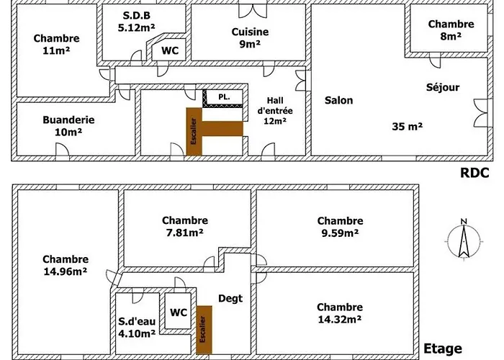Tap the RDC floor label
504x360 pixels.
pyautogui.click(x=474, y=173)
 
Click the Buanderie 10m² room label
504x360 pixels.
pyautogui.click(x=68, y=126)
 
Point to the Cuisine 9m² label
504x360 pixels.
pyautogui.click(x=250, y=37)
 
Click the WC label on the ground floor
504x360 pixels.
pyautogui.click(x=170, y=50)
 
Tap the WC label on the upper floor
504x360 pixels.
pyautogui.click(x=179, y=312)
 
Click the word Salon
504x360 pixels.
pyautogui.click(x=338, y=100)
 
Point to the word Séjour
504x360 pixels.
pyautogui.click(x=442, y=87)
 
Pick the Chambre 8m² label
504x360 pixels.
pyautogui.click(x=451, y=30)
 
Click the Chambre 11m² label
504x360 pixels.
pyautogui.click(x=56, y=45)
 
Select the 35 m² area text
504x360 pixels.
pyautogui.click(x=408, y=125)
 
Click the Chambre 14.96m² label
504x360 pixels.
pyautogui.click(x=65, y=265)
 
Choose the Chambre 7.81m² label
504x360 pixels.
pyautogui.click(x=185, y=226)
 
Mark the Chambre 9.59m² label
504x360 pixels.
pyautogui.click(x=340, y=226)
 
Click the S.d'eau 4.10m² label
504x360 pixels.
pyautogui.click(x=137, y=328)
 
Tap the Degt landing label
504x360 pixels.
pyautogui.click(x=230, y=298)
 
